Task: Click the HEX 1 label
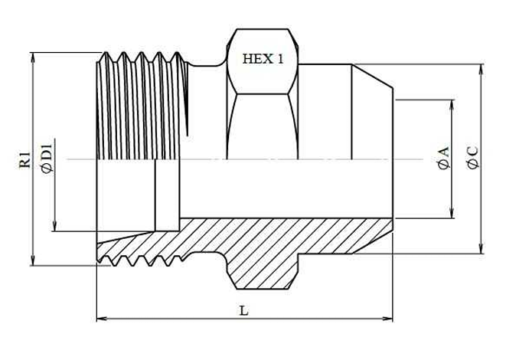(x=263, y=59)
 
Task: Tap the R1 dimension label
(x=25, y=159)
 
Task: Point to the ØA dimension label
(x=443, y=158)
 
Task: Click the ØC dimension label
(x=472, y=157)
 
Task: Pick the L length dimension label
(x=243, y=311)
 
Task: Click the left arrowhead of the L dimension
(x=102, y=319)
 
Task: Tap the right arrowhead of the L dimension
(x=387, y=319)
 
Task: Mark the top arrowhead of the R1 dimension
(x=32, y=57)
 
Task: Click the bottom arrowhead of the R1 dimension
(x=32, y=260)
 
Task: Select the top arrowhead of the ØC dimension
(x=481, y=69)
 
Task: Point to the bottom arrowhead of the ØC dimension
(x=481, y=249)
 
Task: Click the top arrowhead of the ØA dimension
(x=452, y=105)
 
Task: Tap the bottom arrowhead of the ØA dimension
(x=452, y=213)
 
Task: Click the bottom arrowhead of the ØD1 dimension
(x=54, y=226)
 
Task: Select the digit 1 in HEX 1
(x=280, y=59)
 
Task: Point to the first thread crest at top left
(x=106, y=53)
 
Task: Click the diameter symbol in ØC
(x=472, y=164)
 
